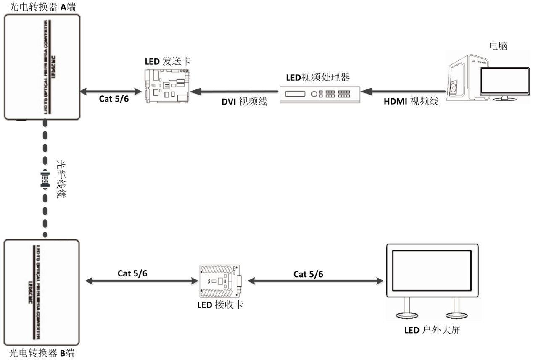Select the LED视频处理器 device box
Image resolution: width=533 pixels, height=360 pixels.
click(320, 94)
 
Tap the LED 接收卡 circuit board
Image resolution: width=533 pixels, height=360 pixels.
click(221, 279)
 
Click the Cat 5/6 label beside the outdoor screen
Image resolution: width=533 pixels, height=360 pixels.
click(308, 274)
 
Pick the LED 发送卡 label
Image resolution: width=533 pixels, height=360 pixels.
click(167, 61)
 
